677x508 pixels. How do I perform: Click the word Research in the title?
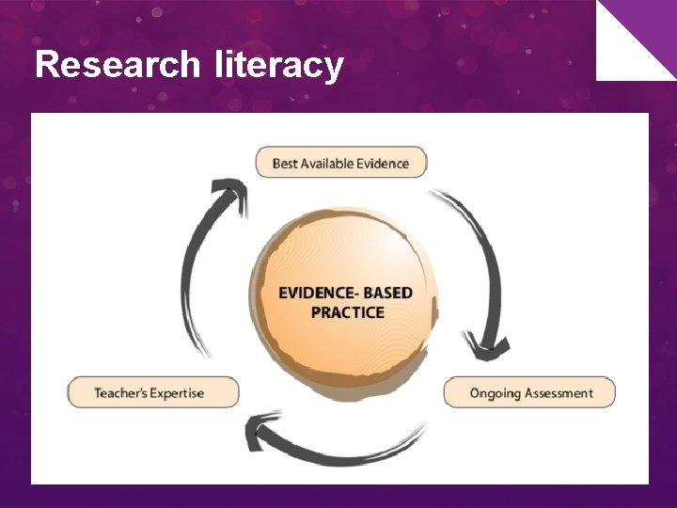pyautogui.click(x=117, y=65)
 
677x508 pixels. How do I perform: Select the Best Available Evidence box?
pyautogui.click(x=340, y=163)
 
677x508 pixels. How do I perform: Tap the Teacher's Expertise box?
pyautogui.click(x=153, y=392)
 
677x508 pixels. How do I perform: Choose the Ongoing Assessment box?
pyautogui.click(x=529, y=392)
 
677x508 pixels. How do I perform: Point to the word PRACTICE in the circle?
pyautogui.click(x=347, y=312)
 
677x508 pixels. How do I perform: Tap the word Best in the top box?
pyautogui.click(x=285, y=163)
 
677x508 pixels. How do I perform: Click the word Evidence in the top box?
pyautogui.click(x=383, y=163)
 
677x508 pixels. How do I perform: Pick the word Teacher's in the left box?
pyautogui.click(x=121, y=392)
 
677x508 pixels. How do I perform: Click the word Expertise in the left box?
pyautogui.click(x=179, y=392)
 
